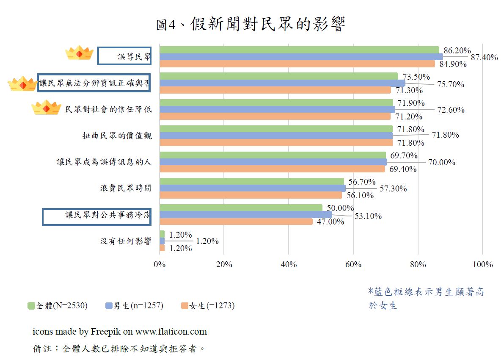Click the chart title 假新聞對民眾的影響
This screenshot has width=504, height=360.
251,25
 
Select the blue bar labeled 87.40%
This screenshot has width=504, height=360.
301,57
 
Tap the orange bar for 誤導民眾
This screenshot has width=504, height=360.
297,64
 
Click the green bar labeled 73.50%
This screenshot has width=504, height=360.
278,76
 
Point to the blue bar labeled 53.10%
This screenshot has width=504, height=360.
245,215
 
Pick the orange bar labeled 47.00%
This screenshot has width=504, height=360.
236,222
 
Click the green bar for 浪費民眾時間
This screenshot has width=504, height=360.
251,182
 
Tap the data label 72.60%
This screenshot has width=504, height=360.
450,110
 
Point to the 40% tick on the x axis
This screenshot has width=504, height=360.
289,264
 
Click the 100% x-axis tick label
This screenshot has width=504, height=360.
482,264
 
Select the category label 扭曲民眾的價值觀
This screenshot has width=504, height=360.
117,136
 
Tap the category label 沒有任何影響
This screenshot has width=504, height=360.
126,241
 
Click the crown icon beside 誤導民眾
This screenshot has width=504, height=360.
79,53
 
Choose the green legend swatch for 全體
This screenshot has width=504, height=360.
31,306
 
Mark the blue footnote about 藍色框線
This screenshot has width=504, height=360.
426,298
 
